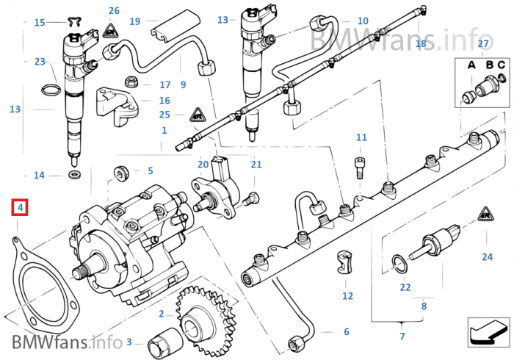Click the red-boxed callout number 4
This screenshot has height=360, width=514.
[x=20, y=207]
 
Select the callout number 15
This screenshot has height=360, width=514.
[x=40, y=23]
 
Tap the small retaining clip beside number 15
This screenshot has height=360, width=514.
[x=74, y=22]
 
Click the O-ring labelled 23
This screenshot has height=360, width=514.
[x=51, y=89]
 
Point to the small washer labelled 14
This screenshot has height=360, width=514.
[x=76, y=174]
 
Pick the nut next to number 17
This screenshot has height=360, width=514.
[x=131, y=82]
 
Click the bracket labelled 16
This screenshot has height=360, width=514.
[x=117, y=106]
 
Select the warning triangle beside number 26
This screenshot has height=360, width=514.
[x=110, y=31]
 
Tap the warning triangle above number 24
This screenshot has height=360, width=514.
[x=486, y=214]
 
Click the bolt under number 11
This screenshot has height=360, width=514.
[x=359, y=168]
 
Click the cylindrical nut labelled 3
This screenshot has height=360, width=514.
[x=165, y=342]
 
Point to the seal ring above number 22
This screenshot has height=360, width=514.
[x=400, y=264]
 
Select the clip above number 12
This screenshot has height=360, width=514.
[x=344, y=262]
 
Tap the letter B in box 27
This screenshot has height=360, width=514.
[x=490, y=65]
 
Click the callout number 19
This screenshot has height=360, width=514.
[x=134, y=21]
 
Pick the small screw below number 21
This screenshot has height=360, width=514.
[x=251, y=199]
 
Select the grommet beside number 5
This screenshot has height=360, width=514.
[x=121, y=173]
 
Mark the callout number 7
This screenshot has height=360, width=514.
[x=402, y=336]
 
